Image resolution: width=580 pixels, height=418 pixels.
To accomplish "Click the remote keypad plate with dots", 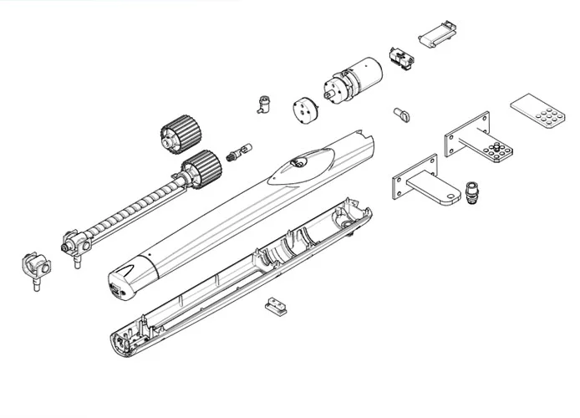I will pyautogui.click(x=536, y=113).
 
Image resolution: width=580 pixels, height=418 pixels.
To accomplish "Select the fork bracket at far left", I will pyautogui.click(x=33, y=268).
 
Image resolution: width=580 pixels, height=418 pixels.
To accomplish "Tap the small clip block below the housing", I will pyautogui.click(x=271, y=308).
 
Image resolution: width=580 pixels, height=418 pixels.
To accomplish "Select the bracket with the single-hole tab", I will pyautogui.click(x=426, y=183).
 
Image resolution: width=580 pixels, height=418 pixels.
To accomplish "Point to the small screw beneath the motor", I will pyautogui.click(x=399, y=114).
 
